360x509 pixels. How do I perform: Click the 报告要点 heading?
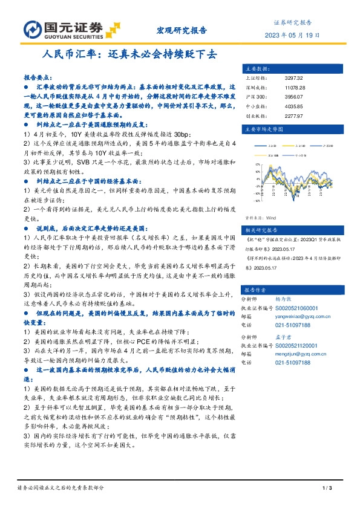(x=38, y=79)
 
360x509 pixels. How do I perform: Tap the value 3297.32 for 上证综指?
(x=293, y=78)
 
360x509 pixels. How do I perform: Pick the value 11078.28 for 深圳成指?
(x=295, y=87)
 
